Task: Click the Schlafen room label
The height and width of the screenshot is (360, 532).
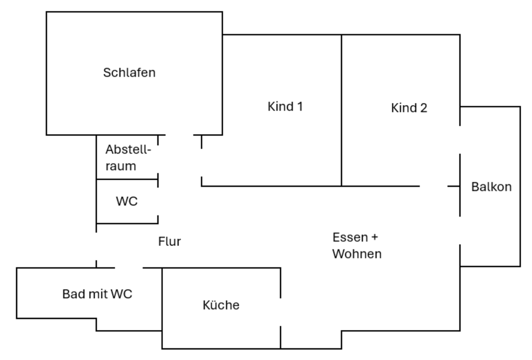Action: pyautogui.click(x=129, y=73)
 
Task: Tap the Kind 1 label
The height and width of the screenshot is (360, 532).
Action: pyautogui.click(x=285, y=106)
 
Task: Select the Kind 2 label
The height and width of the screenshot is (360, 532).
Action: pyautogui.click(x=409, y=108)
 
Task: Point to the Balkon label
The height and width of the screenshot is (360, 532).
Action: pyautogui.click(x=491, y=187)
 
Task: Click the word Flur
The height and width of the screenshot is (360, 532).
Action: pyautogui.click(x=170, y=241)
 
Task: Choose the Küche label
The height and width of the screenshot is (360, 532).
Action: pyautogui.click(x=221, y=305)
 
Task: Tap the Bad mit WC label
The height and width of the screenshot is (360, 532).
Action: pyautogui.click(x=97, y=294)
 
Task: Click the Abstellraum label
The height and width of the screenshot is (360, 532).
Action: pyautogui.click(x=128, y=157)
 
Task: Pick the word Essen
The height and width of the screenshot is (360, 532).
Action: pyautogui.click(x=349, y=238)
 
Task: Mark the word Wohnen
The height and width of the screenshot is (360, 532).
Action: pyautogui.click(x=357, y=254)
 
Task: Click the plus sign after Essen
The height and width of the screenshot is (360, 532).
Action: pyautogui.click(x=374, y=238)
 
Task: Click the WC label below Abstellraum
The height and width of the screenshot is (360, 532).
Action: pyautogui.click(x=126, y=202)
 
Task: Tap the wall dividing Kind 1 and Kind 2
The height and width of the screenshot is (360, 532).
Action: pyautogui.click(x=341, y=111)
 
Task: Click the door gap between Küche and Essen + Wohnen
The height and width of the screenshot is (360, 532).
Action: pyautogui.click(x=280, y=312)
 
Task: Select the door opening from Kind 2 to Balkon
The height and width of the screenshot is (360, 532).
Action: pyautogui.click(x=460, y=140)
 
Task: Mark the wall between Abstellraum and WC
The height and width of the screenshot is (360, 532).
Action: pyautogui.click(x=127, y=179)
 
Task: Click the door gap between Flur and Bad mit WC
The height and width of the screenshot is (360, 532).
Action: pyautogui.click(x=129, y=268)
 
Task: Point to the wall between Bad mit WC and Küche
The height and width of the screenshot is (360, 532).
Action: pyautogui.click(x=162, y=299)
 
